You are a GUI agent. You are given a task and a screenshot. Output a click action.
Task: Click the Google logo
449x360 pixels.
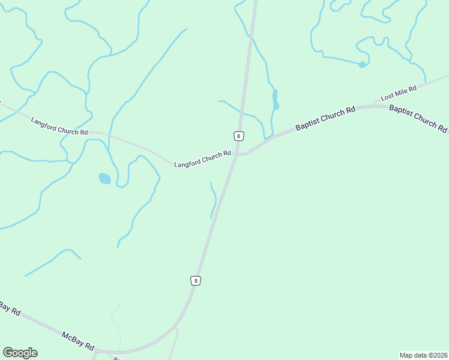20,353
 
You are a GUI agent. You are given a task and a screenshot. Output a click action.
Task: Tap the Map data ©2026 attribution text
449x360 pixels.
423,355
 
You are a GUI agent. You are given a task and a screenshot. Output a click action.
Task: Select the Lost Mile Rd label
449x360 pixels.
399,93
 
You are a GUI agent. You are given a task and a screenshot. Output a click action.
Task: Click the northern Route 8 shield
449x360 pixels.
239,136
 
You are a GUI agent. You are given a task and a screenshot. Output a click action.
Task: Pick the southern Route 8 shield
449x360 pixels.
195,280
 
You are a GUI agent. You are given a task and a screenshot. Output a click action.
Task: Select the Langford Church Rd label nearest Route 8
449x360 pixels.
202,159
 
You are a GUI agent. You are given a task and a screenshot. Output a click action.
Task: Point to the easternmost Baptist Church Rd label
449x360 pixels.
418,119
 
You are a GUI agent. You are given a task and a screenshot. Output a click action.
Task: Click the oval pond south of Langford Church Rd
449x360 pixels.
104,178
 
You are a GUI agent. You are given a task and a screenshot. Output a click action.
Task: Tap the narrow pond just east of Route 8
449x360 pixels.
275,100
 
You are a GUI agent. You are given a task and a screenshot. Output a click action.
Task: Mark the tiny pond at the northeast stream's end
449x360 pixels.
361,64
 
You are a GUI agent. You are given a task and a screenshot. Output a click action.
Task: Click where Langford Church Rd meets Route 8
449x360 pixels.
236,154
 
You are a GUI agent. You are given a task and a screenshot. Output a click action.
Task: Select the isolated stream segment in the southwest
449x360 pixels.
53,261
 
